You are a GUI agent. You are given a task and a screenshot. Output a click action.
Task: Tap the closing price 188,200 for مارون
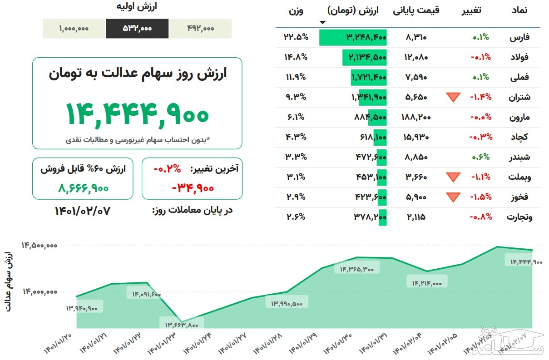click(415, 117)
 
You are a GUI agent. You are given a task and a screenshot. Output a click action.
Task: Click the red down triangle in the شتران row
click(453, 97)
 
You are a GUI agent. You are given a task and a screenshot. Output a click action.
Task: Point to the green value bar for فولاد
click(365, 57)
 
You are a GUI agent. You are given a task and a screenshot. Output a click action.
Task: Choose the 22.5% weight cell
click(296, 37)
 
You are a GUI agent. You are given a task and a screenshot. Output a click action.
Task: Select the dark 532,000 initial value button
click(137, 28)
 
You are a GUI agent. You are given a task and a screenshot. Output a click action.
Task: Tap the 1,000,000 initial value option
click(74, 28)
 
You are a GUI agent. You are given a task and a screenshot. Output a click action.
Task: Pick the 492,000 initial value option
click(200, 28)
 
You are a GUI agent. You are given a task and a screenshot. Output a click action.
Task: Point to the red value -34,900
click(193, 187)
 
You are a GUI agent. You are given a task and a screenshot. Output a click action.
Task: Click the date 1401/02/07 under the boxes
click(83, 211)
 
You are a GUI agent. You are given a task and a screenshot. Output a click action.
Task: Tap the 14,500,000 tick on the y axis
click(39, 245)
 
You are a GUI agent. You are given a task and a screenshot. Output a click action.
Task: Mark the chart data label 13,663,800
click(182, 324)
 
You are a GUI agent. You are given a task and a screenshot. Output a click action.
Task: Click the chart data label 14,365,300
click(356, 269)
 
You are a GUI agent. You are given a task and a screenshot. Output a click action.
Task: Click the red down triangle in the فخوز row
click(453, 197)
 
